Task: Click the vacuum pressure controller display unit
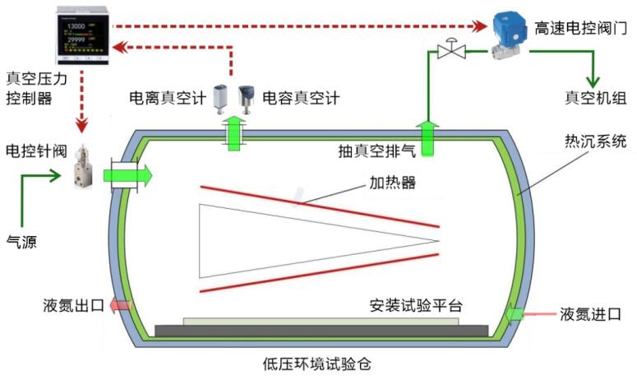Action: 81,35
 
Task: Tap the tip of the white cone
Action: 439,241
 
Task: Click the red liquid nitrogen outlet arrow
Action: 119,306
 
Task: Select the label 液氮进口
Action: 590,314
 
